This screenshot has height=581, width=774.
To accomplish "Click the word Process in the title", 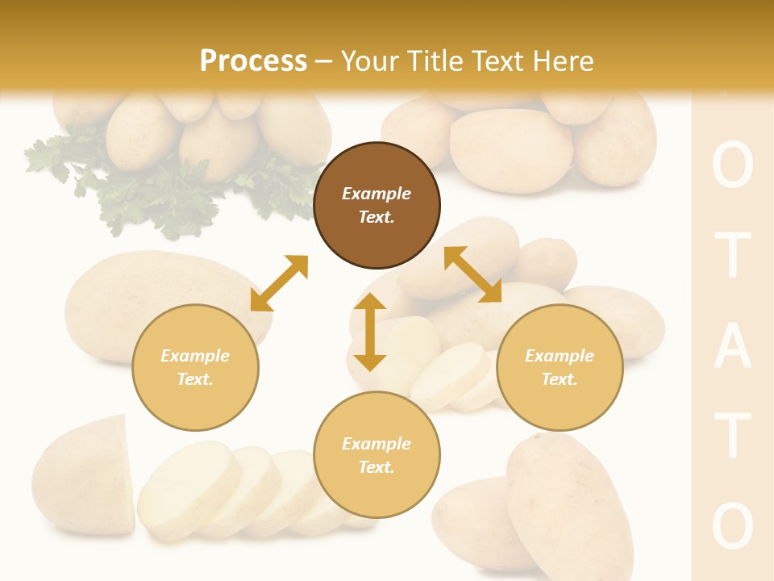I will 253,61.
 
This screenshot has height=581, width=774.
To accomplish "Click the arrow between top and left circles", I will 279,283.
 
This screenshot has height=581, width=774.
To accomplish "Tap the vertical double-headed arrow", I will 370,332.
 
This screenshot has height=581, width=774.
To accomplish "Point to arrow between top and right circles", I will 472,274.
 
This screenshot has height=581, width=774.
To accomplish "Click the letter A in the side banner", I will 732,349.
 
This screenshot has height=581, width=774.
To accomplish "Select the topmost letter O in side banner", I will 732,168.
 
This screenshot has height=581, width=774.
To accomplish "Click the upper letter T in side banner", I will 732,257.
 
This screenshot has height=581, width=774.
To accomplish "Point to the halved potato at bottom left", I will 85,476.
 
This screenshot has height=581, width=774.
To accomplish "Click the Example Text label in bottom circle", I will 377,455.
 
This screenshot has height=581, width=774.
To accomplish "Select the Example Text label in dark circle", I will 377,205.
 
